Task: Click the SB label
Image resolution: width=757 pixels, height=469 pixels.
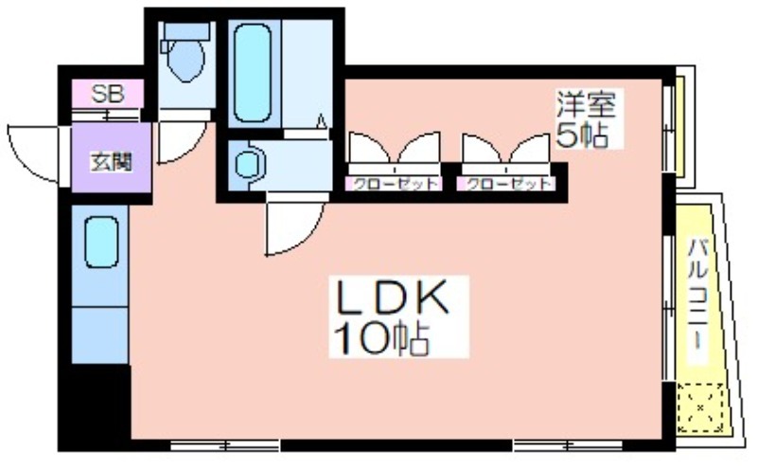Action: [108, 94]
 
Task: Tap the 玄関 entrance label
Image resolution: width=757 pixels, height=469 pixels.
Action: [111, 161]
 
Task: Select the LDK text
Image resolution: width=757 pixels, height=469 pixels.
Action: [392, 298]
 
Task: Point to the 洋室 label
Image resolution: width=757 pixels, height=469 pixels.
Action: [586, 104]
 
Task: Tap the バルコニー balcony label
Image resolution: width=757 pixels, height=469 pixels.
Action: [697, 294]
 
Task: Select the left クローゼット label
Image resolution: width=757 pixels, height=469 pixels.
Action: [395, 184]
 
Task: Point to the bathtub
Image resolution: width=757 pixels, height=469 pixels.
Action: [252, 73]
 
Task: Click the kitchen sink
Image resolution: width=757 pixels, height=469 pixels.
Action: [101, 242]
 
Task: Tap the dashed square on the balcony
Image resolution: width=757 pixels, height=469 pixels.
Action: [700, 407]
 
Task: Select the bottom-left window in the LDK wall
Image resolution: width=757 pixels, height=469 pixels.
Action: [225, 444]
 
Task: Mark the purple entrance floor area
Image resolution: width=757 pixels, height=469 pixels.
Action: [112, 157]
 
